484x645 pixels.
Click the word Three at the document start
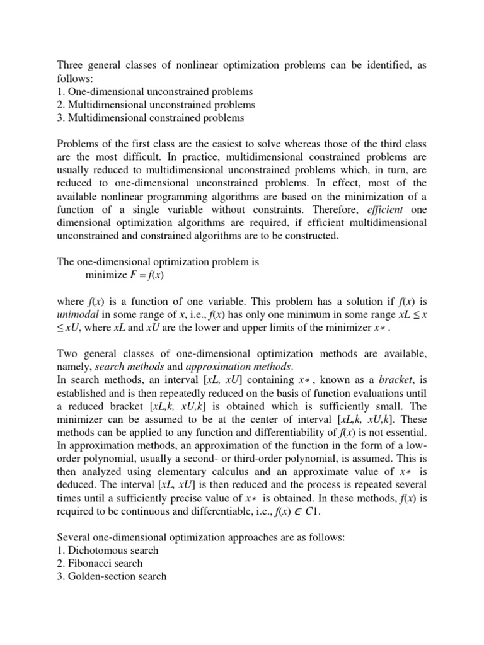(72, 65)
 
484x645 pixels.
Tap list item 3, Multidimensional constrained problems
(151, 118)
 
